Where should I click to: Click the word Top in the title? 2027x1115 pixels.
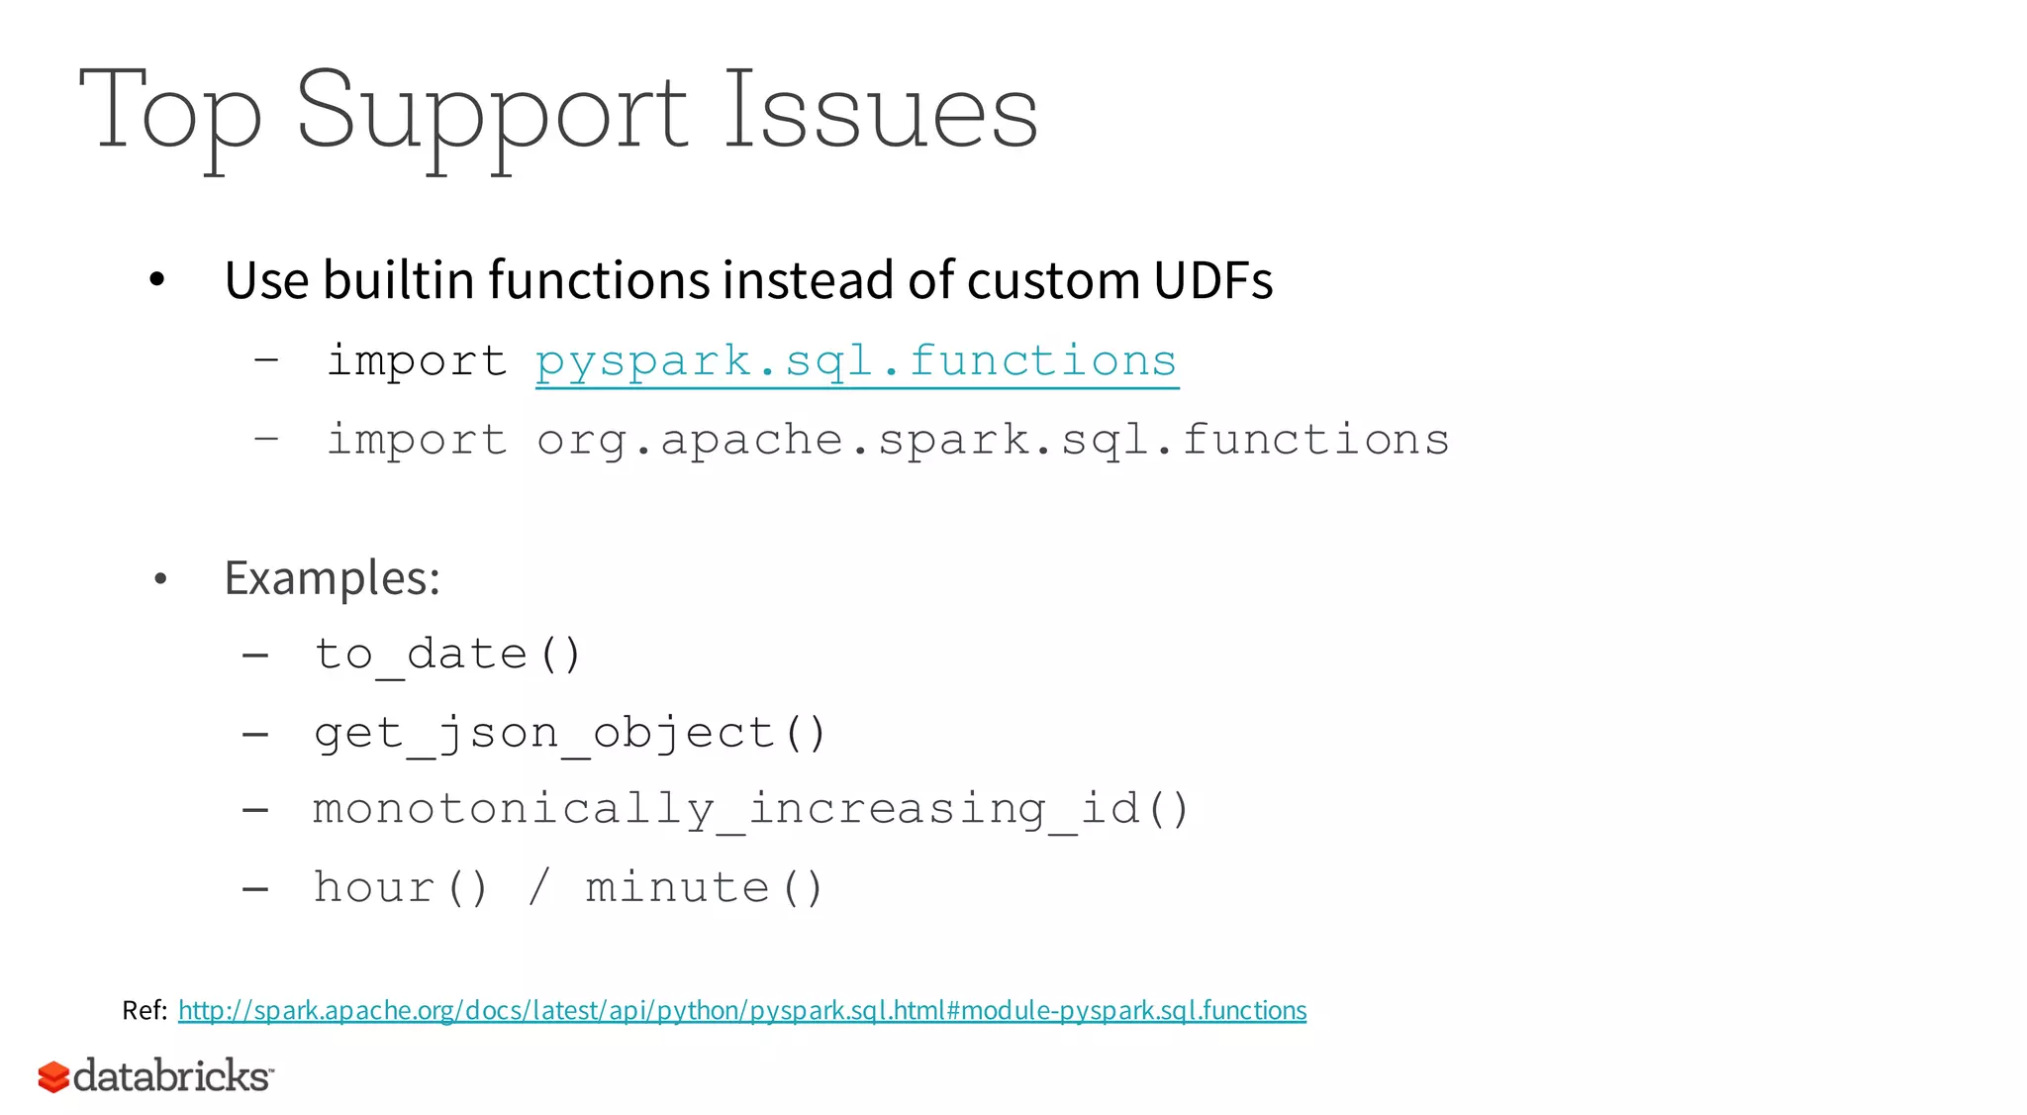tap(170, 111)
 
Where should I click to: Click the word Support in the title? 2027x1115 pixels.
tap(491, 111)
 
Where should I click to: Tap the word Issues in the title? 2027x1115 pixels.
tap(881, 111)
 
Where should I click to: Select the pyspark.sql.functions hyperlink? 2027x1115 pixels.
tap(856, 361)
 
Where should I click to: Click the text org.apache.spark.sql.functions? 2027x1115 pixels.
tap(993, 440)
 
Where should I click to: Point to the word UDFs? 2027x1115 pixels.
tap(1212, 280)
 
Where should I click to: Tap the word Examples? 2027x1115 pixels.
tap(333, 578)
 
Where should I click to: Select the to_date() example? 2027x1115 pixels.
tap(448, 655)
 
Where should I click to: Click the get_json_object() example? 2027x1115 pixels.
tap(570, 734)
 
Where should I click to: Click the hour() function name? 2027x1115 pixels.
tap(401, 887)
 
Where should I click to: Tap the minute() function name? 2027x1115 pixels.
tap(704, 887)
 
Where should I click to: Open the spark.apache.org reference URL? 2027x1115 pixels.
tap(742, 1010)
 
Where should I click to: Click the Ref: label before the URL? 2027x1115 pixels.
tap(145, 1010)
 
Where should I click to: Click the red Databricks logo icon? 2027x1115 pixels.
tap(53, 1077)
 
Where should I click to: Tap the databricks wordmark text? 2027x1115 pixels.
tap(172, 1076)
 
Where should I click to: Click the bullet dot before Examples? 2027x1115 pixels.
tap(160, 579)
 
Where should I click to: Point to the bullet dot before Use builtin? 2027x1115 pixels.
tap(156, 281)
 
